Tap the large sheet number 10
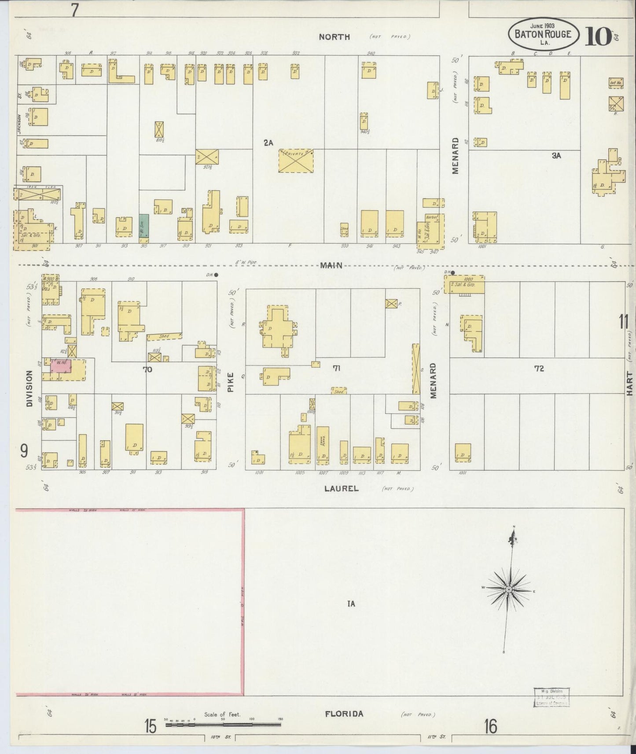point(598,36)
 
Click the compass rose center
point(508,589)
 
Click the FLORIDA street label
point(344,714)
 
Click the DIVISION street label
point(29,388)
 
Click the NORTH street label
point(335,37)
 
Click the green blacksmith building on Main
point(143,226)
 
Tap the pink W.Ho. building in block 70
point(60,366)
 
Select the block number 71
point(337,369)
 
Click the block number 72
point(539,369)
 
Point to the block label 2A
point(268,143)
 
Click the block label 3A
point(556,155)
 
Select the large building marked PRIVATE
point(296,161)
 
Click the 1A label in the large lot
point(350,604)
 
